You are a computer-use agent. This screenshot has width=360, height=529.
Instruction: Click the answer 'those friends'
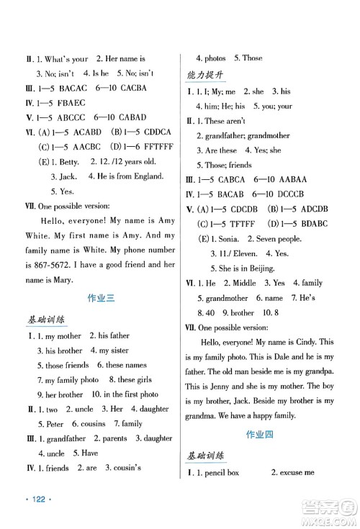[x=65, y=365]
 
